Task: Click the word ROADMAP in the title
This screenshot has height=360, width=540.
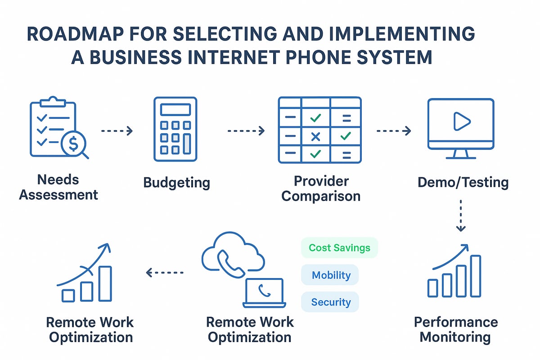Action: click(75, 34)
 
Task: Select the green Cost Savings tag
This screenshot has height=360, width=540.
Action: click(339, 247)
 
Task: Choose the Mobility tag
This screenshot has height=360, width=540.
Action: click(330, 275)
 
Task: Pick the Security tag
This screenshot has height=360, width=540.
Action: click(330, 302)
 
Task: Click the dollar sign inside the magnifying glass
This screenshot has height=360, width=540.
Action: click(73, 144)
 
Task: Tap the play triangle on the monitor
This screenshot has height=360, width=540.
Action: click(462, 121)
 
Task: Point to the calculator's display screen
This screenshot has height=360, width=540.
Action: click(175, 110)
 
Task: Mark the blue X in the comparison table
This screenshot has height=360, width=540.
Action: click(315, 137)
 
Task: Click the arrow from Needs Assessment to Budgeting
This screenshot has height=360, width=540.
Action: click(117, 131)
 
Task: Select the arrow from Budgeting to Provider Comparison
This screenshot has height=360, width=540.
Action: click(246, 131)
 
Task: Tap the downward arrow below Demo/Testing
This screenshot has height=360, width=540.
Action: click(461, 216)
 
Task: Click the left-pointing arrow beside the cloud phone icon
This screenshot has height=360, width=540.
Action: click(165, 273)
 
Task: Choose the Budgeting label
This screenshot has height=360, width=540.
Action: click(177, 183)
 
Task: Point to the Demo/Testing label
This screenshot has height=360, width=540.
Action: click(463, 182)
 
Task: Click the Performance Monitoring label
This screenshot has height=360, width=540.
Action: click(455, 329)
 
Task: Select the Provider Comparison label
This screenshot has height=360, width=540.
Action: click(321, 189)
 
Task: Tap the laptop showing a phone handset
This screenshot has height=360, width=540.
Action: click(264, 293)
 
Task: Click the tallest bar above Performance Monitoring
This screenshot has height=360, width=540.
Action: click(476, 276)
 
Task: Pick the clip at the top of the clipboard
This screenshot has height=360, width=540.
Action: click(53, 102)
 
